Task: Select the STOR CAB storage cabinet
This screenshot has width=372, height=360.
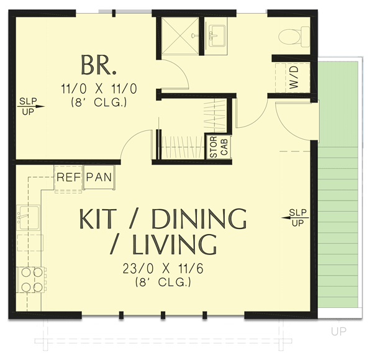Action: click(219, 147)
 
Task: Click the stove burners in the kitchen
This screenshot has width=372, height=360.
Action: click(32, 280)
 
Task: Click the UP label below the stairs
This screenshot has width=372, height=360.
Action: click(339, 330)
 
